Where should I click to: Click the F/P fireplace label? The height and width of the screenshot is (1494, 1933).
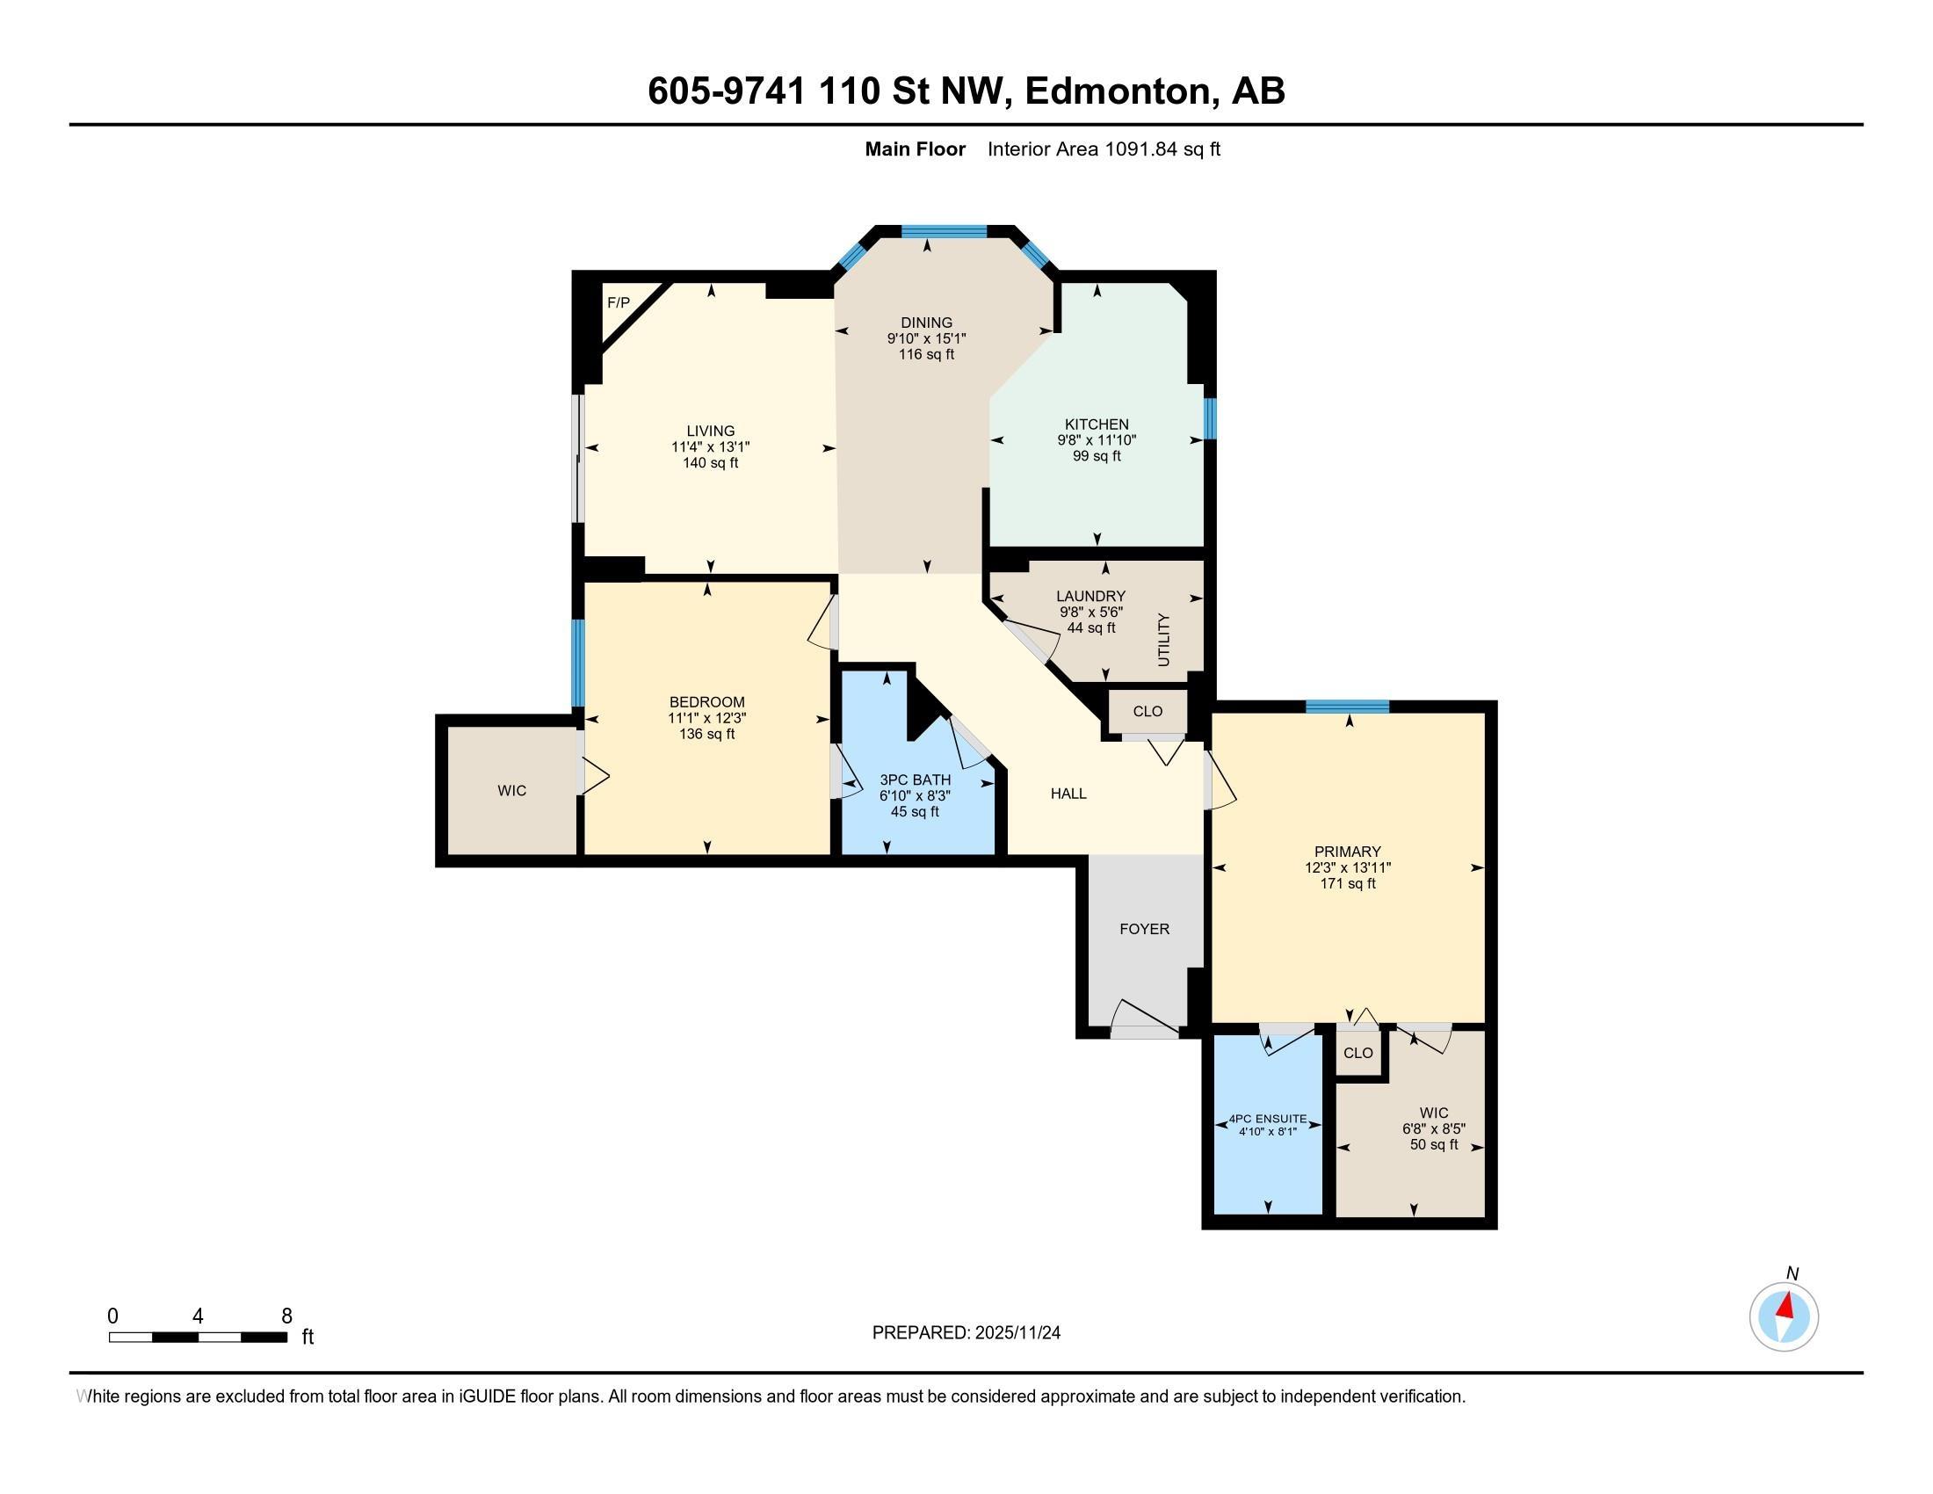(618, 303)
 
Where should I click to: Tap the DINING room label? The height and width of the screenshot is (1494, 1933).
(926, 323)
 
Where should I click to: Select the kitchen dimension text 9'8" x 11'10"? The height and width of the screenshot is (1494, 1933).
(1096, 440)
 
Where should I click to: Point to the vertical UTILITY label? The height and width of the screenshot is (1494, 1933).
(1163, 640)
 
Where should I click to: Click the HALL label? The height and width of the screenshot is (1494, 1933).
(1068, 794)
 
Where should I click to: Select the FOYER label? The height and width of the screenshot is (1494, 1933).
(1143, 929)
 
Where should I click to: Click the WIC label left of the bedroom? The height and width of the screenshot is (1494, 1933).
(511, 790)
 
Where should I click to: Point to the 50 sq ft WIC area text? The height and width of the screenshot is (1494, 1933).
(1433, 1145)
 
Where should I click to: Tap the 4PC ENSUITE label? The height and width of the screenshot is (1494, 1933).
(1267, 1119)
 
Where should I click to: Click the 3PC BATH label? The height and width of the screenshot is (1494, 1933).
(916, 780)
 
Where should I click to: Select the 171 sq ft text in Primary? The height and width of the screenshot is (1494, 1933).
(1347, 883)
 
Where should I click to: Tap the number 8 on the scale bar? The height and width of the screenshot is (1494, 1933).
(286, 1316)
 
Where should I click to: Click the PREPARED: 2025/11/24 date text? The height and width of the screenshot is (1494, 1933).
(966, 1333)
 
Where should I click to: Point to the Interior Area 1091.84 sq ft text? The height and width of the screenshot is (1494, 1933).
(1103, 149)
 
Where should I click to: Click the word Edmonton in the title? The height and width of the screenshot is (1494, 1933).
(1117, 91)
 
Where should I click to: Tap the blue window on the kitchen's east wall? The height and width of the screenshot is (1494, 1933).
(1210, 418)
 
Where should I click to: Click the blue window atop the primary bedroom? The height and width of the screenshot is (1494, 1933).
(1346, 707)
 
